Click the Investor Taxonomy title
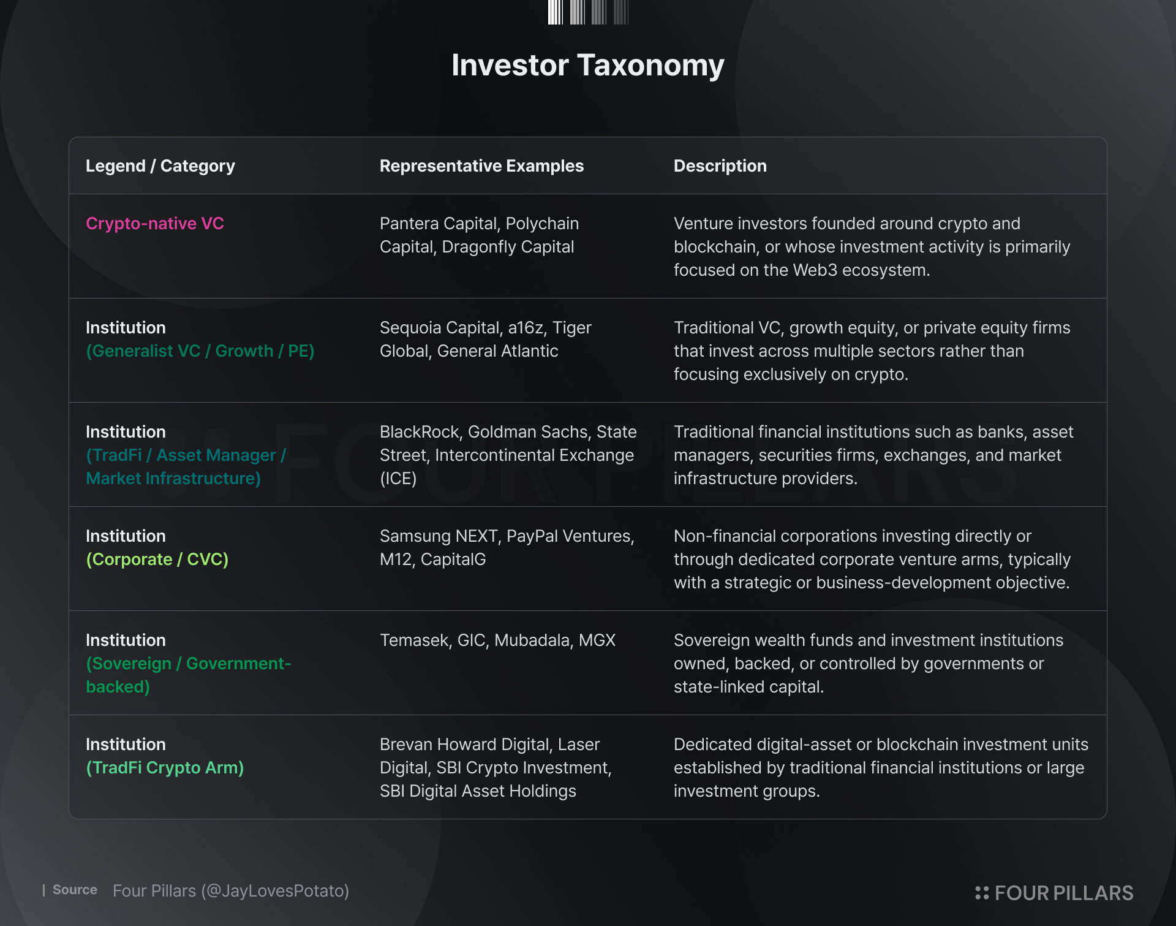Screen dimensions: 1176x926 point(588,65)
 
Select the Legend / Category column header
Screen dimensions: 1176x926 point(160,166)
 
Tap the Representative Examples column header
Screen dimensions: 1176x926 point(481,166)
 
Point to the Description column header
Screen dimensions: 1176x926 point(720,166)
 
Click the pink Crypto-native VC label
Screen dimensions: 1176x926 point(155,224)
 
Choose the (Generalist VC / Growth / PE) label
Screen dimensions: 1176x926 point(200,351)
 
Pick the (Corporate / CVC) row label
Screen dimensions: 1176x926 point(157,560)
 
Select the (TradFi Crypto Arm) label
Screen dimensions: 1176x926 point(165,768)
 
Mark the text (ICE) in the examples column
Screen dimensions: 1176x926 point(398,479)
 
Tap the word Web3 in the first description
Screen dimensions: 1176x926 point(815,270)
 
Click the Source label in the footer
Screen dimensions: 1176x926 point(75,890)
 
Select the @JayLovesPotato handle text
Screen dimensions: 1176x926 point(275,891)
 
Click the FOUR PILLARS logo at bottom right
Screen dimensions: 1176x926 point(1054,893)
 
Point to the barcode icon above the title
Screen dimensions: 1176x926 point(588,12)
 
